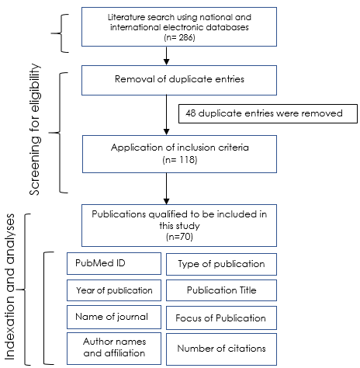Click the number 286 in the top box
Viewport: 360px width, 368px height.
point(186,37)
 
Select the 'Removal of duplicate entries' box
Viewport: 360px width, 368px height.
point(179,80)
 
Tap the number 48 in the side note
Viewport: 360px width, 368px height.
point(191,113)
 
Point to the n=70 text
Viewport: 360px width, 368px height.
point(179,237)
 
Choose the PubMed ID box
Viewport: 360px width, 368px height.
point(114,263)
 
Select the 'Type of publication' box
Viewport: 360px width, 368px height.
point(221,264)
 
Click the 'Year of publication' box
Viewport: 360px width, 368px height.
point(114,290)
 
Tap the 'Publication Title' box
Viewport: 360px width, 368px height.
point(221,290)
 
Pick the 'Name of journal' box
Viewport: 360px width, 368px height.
point(114,317)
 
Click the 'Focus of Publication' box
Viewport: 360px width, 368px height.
point(221,318)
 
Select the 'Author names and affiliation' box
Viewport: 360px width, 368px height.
point(114,349)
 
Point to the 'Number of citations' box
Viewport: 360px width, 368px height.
point(221,349)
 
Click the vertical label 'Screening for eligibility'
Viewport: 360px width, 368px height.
point(35,129)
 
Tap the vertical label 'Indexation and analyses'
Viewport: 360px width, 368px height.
point(10,286)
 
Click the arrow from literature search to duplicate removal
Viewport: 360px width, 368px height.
point(167,56)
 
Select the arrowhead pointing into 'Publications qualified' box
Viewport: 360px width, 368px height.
point(167,201)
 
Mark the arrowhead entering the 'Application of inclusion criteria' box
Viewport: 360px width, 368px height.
point(167,132)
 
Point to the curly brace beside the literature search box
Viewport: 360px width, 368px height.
point(61,33)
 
